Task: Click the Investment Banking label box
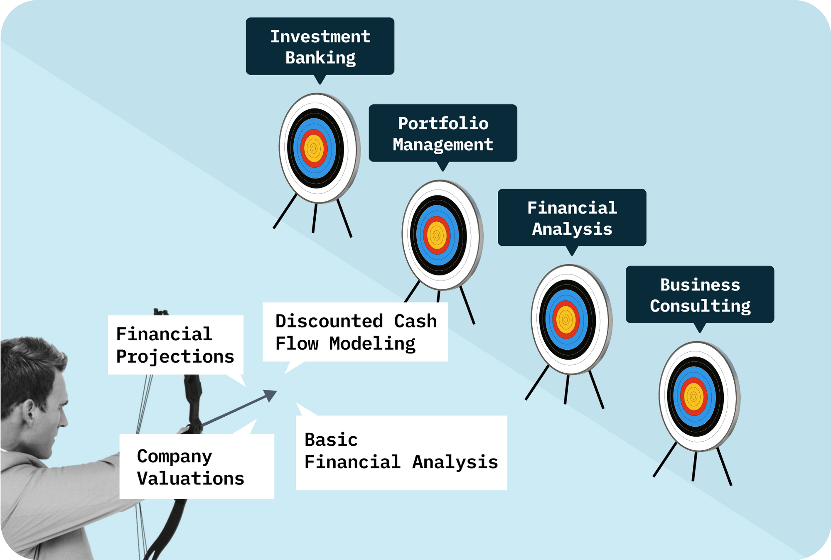click(x=320, y=46)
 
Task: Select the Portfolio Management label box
click(x=443, y=133)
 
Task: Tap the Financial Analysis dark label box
click(x=572, y=218)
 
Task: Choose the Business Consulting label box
click(x=700, y=295)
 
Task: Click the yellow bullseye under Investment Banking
click(x=314, y=148)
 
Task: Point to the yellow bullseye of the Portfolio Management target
click(x=437, y=235)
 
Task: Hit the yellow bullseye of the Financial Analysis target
click(x=565, y=320)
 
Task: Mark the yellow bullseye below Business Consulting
click(x=693, y=397)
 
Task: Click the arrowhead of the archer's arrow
click(x=271, y=395)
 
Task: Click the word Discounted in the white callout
click(x=329, y=322)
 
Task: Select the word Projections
click(x=175, y=357)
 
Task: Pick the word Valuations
click(x=190, y=479)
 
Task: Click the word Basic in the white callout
click(x=331, y=440)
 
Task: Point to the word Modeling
click(x=372, y=344)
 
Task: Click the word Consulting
click(x=700, y=306)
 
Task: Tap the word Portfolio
click(x=443, y=123)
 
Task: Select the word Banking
click(x=320, y=58)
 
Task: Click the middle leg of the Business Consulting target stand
click(x=694, y=466)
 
